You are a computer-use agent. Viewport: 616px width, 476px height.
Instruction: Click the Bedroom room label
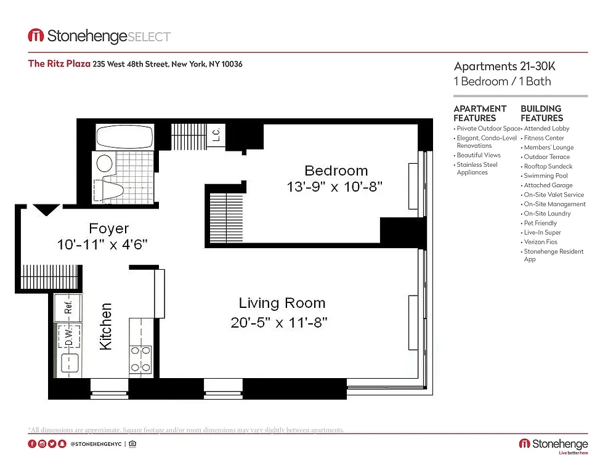[336, 171]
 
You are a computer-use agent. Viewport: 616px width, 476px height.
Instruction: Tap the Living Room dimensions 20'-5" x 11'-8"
[279, 323]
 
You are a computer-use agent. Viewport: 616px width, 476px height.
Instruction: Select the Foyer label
[109, 228]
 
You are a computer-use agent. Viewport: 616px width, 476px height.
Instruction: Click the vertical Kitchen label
[106, 326]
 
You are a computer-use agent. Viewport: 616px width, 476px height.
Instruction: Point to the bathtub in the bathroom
[124, 137]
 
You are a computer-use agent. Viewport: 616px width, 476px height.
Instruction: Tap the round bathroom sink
[105, 163]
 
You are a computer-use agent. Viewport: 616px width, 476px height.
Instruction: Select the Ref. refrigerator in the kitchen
[68, 307]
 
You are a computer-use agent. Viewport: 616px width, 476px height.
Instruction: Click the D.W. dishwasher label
[69, 337]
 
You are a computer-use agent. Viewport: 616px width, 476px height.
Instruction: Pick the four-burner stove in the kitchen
[140, 360]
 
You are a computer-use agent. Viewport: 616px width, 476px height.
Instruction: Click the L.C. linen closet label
[216, 135]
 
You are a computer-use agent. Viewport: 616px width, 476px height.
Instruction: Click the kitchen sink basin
[70, 362]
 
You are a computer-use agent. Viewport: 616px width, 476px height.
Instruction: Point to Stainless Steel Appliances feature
[476, 169]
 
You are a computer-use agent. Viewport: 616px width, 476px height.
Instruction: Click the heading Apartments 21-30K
[505, 66]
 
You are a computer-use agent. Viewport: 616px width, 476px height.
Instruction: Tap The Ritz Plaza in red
[59, 63]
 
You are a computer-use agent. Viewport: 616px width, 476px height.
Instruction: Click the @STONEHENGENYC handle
[96, 444]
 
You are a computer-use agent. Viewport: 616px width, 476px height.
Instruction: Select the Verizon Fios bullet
[539, 242]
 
